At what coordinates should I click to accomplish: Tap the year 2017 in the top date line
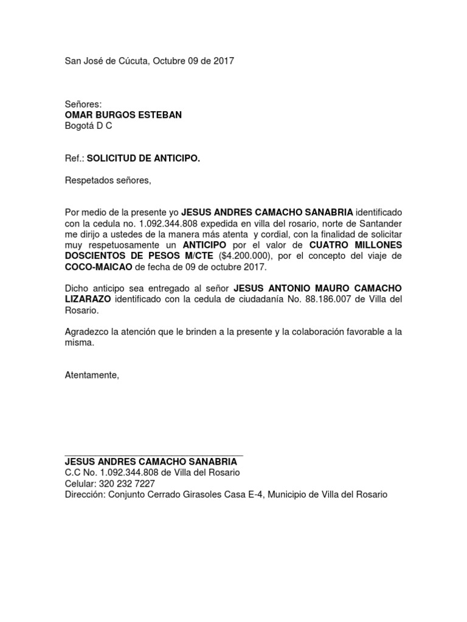223,61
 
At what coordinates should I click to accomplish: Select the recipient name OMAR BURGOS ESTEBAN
123,115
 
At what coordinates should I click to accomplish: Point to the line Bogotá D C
88,126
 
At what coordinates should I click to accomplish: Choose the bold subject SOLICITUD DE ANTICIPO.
144,159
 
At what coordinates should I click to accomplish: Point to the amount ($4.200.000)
241,256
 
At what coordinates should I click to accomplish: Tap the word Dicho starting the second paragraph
76,289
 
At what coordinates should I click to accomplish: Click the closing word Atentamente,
92,375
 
